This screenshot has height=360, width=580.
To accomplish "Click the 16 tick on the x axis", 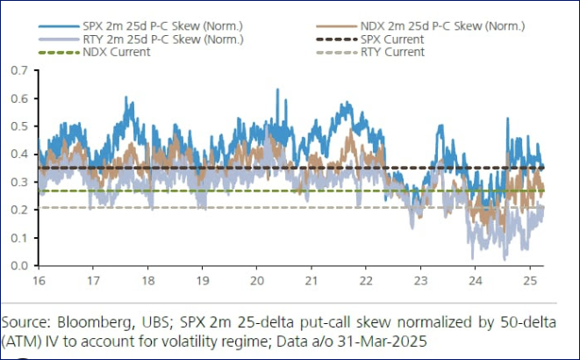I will point(39,280).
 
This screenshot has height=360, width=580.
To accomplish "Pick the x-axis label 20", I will point(257,280).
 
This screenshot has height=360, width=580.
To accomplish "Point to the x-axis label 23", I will point(420,280).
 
